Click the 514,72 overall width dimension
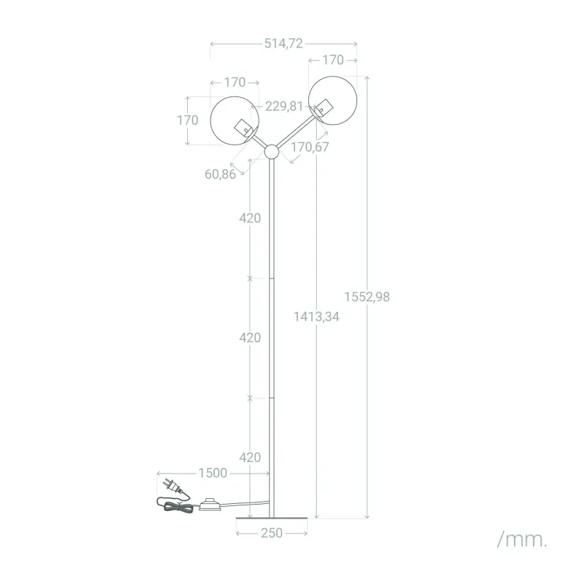283,44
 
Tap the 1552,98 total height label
367,297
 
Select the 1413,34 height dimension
317,317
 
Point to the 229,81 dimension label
284,106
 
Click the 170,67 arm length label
310,147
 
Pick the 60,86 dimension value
220,174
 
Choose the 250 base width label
271,533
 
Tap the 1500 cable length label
213,473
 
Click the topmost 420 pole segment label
250,218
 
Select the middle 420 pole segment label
250,338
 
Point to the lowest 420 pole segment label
250,457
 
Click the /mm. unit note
522,539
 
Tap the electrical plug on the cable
172,486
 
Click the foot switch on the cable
210,505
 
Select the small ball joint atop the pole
271,152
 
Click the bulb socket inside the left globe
244,128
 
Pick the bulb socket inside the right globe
323,108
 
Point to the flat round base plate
271,518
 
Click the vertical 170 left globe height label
188,120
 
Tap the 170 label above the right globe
332,60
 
